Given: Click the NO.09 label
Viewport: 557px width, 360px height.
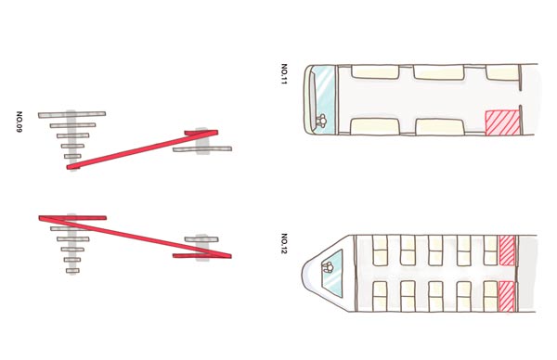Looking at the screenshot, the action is click(x=19, y=122).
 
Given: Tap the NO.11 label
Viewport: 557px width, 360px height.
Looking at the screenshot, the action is click(x=284, y=74).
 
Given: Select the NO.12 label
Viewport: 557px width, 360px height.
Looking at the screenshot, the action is click(x=284, y=243).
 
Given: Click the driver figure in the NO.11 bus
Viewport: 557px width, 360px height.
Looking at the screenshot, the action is click(x=321, y=121).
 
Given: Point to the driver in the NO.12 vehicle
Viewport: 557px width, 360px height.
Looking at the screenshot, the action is click(x=327, y=266).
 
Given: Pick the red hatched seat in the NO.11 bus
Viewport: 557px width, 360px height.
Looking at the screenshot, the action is click(x=502, y=122).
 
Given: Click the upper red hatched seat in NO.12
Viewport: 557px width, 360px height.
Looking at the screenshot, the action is click(x=507, y=251).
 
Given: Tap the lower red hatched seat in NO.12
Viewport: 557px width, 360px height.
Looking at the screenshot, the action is click(x=507, y=297).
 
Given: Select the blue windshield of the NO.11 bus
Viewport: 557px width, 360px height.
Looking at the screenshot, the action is click(x=325, y=99).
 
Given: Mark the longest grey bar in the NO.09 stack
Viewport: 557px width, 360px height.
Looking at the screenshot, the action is click(x=71, y=115).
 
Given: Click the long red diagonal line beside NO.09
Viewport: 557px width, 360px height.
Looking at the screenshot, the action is click(x=142, y=149).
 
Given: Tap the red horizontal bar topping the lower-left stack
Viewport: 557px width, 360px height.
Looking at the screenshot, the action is click(x=72, y=218).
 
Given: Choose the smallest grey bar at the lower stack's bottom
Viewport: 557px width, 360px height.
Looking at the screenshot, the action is click(x=72, y=271).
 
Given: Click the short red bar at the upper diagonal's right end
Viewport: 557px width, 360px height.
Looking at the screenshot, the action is click(x=201, y=133).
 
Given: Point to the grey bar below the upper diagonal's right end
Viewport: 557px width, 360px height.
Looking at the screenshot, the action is click(x=202, y=149).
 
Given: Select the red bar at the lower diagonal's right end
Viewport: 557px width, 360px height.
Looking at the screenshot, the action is click(x=201, y=256).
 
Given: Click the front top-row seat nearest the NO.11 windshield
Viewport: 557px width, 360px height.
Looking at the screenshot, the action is click(x=375, y=72).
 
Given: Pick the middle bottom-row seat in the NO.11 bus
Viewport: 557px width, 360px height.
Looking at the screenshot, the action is click(x=440, y=127).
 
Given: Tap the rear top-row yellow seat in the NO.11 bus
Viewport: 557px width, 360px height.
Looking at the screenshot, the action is click(x=502, y=72).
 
